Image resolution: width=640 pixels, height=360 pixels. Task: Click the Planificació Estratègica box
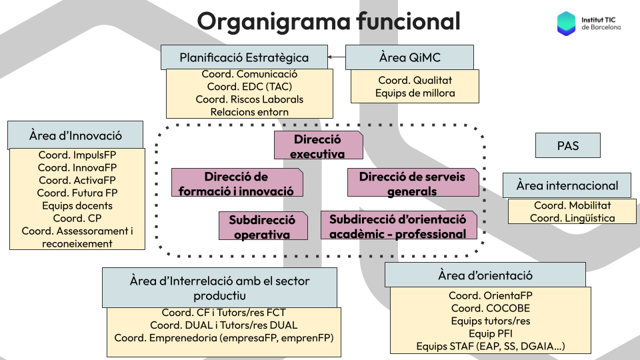tap(244, 57)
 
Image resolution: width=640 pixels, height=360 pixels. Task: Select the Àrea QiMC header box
tap(409, 57)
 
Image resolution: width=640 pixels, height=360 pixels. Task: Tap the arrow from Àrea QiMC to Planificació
tap(337, 57)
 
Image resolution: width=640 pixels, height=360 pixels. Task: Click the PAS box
tap(567, 145)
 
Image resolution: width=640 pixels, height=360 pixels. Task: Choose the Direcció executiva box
tap(318, 146)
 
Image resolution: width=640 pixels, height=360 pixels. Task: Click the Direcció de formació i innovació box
tap(237, 183)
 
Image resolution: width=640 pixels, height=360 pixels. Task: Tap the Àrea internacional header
tap(567, 186)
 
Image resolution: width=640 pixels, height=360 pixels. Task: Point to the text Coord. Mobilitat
tap(573, 205)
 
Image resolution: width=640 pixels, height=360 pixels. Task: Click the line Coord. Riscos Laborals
tap(249, 99)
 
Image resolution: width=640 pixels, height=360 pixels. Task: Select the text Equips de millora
tap(415, 93)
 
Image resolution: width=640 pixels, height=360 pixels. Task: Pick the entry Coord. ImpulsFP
tap(77, 155)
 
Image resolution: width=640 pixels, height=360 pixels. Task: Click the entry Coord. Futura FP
tap(77, 193)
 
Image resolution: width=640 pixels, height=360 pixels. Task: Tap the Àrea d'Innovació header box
tap(75, 135)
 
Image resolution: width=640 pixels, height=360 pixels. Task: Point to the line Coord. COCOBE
tap(490, 308)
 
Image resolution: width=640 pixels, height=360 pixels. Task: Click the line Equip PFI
tap(490, 333)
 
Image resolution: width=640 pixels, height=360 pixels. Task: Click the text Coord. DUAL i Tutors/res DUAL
tap(223, 325)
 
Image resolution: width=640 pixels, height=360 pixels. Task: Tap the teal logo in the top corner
tap(566, 23)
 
